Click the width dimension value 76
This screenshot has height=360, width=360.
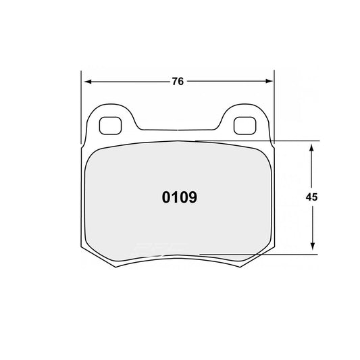click(178, 81)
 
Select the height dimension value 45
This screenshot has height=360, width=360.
click(311, 197)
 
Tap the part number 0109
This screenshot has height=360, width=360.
click(179, 198)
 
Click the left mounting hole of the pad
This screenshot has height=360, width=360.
click(108, 126)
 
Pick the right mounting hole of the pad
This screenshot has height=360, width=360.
click(242, 126)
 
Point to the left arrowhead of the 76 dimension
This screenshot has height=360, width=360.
click(85, 81)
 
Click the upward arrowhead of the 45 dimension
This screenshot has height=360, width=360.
click(311, 146)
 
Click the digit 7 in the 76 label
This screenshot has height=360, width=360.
click(174, 81)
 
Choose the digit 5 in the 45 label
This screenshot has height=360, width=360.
click(315, 197)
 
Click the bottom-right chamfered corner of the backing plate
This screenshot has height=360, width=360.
click(260, 259)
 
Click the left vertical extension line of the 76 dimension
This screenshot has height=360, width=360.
click(81, 101)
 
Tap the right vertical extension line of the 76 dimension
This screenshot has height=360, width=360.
click(274, 101)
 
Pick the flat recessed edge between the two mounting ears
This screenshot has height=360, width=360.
click(177, 131)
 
